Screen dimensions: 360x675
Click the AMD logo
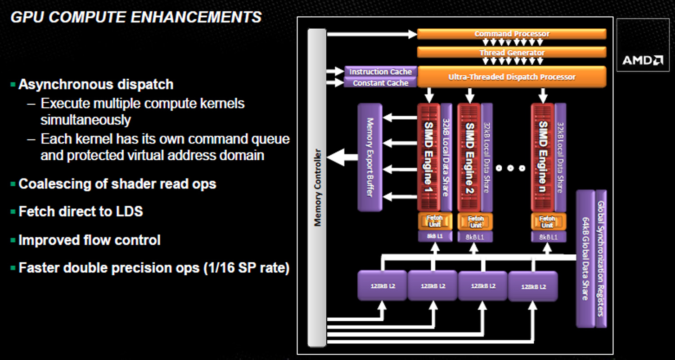[x=642, y=60]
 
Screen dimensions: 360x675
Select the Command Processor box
[x=512, y=34]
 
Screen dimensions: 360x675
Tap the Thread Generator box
[x=512, y=53]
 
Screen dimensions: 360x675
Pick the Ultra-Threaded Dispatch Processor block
[x=512, y=77]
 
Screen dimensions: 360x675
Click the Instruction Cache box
[x=380, y=72]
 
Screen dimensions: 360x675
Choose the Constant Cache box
[x=380, y=83]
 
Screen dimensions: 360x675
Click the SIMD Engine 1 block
[x=428, y=157]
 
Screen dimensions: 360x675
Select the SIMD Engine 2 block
[x=469, y=157]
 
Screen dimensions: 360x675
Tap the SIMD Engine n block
[x=542, y=157]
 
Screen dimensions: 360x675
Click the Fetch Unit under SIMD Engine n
[x=547, y=221]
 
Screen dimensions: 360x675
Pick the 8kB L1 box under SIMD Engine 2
[x=475, y=237]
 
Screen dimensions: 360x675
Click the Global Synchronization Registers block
[x=601, y=259]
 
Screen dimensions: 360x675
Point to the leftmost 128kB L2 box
[x=382, y=286]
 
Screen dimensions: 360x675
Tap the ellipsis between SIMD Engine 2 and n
[x=510, y=168]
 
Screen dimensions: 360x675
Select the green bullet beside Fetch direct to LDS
[x=13, y=212]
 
